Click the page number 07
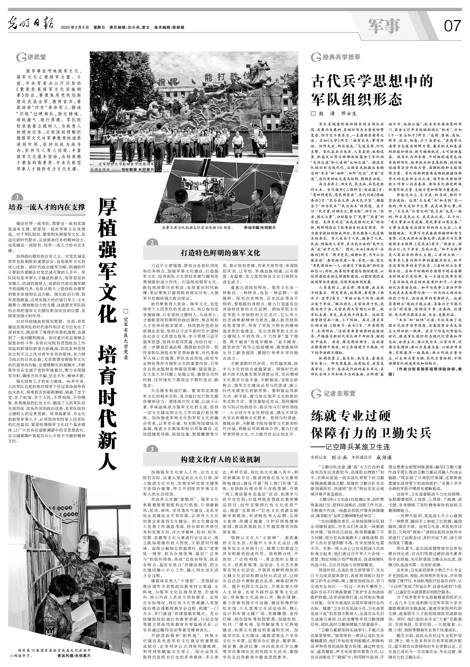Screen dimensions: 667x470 (x=452, y=26)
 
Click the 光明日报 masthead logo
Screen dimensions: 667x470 (x=31, y=26)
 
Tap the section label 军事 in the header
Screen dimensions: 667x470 (x=384, y=25)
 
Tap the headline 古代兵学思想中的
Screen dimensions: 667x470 (x=372, y=81)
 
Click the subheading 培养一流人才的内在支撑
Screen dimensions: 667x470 (x=47, y=207)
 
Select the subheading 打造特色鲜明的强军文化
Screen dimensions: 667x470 (x=220, y=253)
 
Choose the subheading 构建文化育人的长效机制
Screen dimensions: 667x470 (x=220, y=459)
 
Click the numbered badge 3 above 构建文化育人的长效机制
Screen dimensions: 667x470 (x=152, y=449)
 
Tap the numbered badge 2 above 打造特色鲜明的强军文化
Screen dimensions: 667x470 (x=152, y=243)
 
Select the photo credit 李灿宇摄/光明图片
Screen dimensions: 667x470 (x=259, y=227)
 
